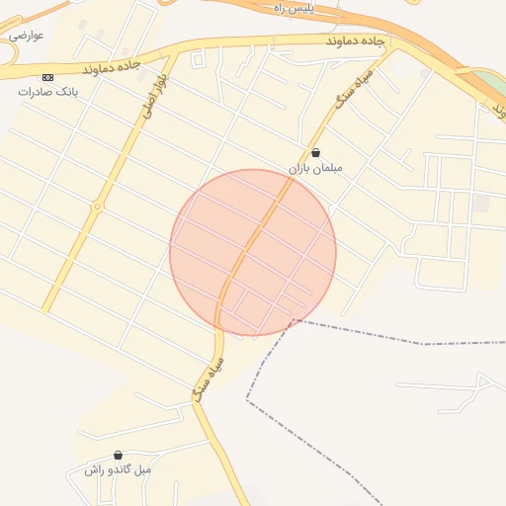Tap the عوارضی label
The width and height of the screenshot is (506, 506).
[x=27, y=35]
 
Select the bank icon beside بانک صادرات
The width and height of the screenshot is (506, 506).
[x=46, y=76]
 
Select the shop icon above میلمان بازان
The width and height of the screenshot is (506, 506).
[x=315, y=152]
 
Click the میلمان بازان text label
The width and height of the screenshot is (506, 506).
[x=315, y=168]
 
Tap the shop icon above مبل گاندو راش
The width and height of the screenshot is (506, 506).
[x=119, y=456]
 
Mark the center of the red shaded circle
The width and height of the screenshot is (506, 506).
[x=253, y=253]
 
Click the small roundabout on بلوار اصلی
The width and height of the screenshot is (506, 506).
[x=97, y=207]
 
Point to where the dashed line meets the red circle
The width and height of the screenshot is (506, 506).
[x=294, y=320]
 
